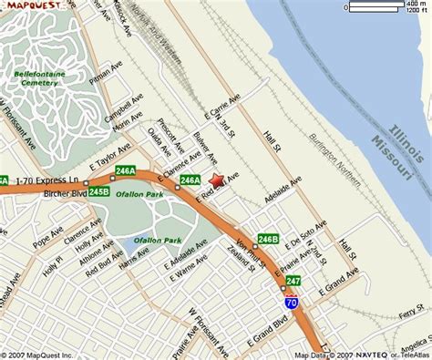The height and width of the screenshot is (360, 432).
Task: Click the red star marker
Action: (217, 181)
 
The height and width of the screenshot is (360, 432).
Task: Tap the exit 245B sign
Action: (99, 192)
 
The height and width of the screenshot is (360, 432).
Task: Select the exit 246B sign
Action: (267, 240)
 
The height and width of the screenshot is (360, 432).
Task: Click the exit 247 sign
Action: (293, 281)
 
